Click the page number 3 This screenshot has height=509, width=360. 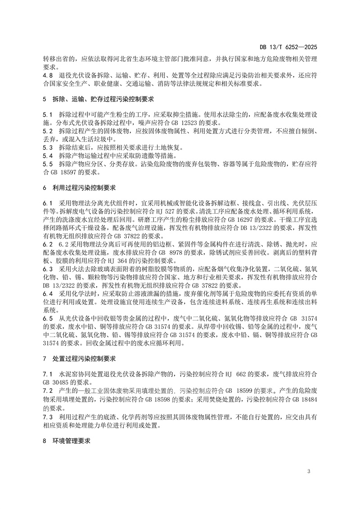coord(309,471)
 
